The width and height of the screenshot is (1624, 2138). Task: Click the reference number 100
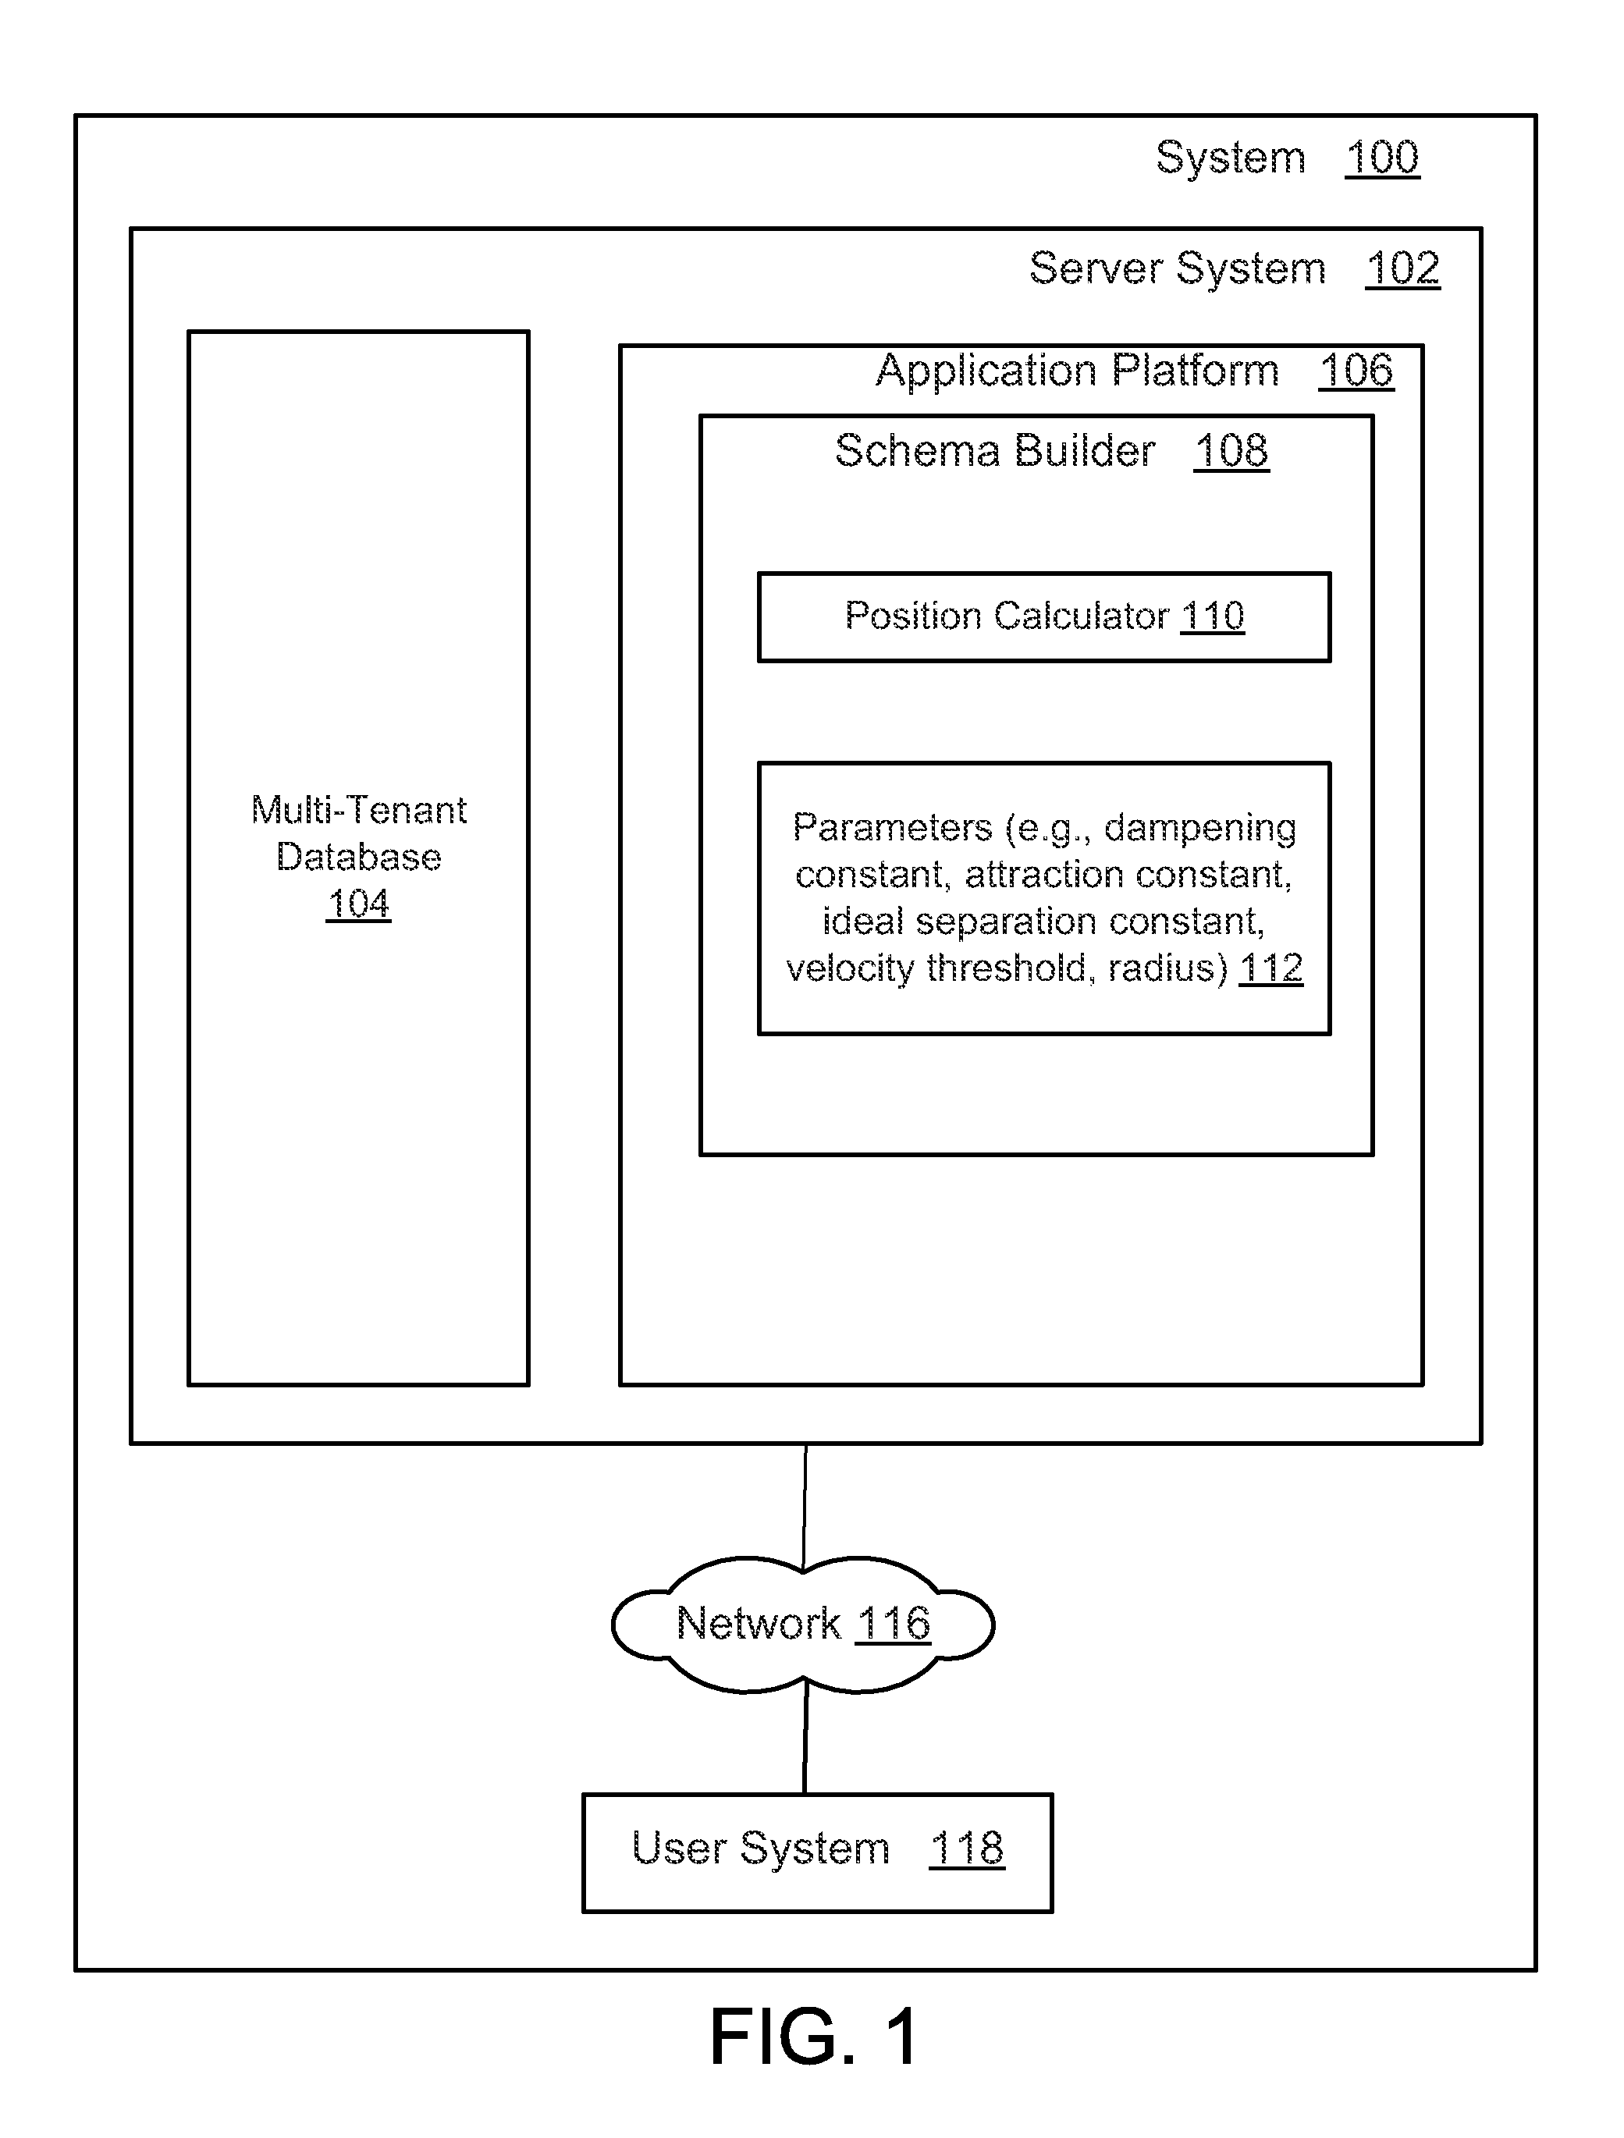[x=1382, y=158]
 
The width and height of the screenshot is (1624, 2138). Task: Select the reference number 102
[x=1402, y=268]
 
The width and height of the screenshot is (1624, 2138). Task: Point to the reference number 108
[x=1231, y=450]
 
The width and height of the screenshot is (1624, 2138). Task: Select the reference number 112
[x=1271, y=968]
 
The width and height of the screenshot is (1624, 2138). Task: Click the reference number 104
[x=359, y=904]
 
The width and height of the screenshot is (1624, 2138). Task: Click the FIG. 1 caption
[x=814, y=2037]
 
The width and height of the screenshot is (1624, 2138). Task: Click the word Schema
[x=916, y=450]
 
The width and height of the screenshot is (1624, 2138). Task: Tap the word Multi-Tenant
[x=359, y=810]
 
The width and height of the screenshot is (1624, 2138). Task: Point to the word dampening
[x=1200, y=829]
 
